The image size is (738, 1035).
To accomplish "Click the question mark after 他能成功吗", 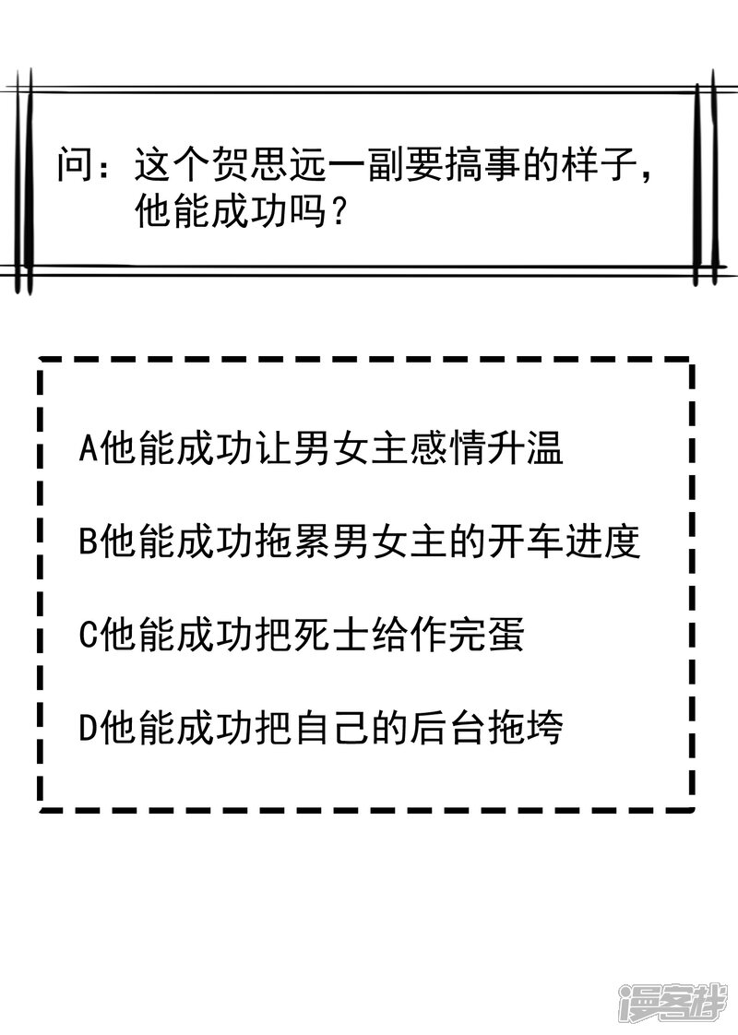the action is click(x=339, y=215).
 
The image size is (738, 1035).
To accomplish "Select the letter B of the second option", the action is click(x=89, y=543).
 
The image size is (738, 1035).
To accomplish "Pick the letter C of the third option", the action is click(x=89, y=636).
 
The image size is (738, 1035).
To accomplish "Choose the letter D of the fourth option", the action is click(x=89, y=729).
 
